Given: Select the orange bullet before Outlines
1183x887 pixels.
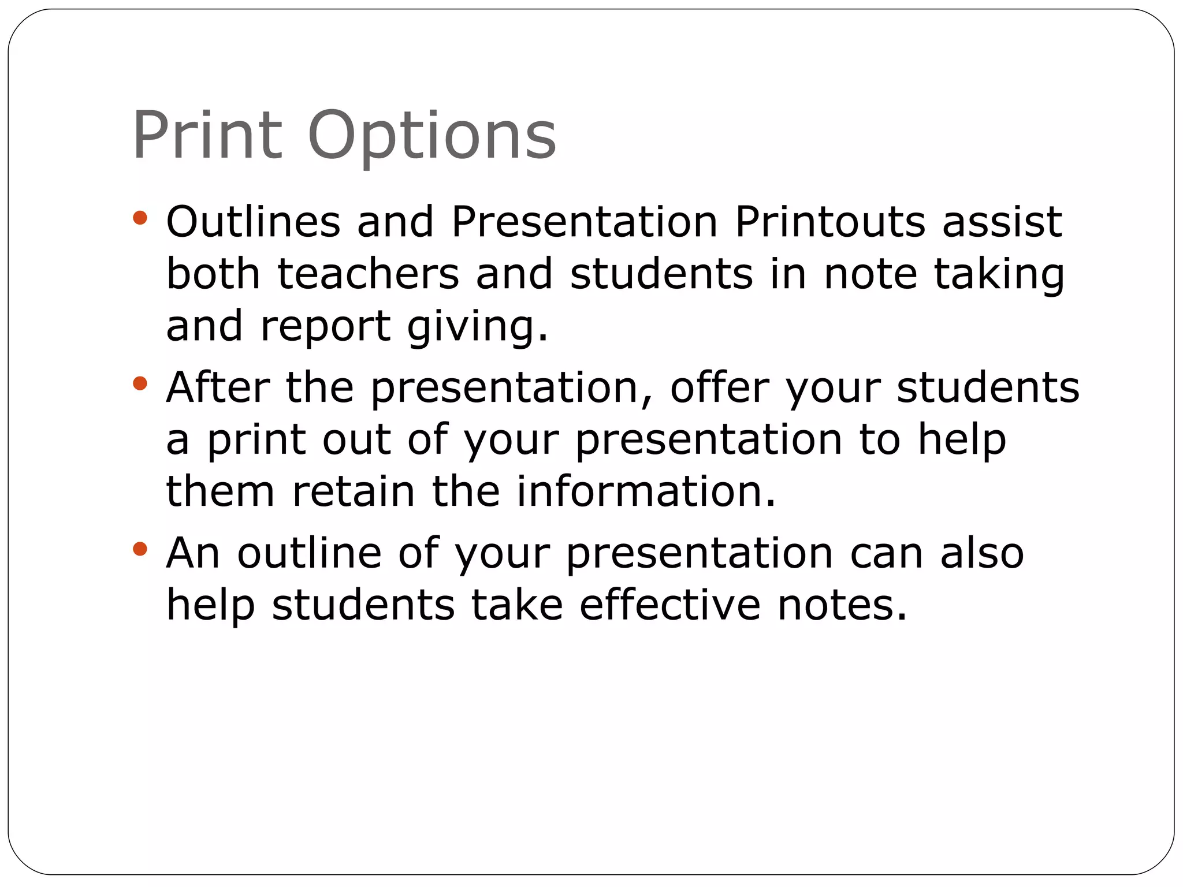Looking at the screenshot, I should click(140, 218).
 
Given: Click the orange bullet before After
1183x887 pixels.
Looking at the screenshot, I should click(140, 383).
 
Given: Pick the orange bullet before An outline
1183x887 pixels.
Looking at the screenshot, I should click(140, 549).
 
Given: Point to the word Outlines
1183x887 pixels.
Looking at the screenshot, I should click(253, 222).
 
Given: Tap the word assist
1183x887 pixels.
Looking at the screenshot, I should click(1002, 222).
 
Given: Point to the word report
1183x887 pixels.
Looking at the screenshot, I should click(326, 327).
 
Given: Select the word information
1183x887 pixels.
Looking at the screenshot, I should click(646, 491).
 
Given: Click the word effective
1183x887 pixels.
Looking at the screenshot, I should click(670, 605).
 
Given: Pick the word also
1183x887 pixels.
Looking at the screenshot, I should click(982, 553).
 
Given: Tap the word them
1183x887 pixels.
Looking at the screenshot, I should click(220, 491).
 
